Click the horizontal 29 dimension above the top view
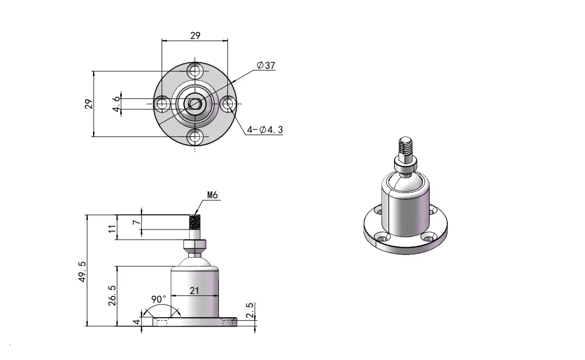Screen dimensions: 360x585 (195, 35)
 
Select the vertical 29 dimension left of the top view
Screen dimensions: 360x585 (88, 103)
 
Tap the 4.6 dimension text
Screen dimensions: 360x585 (115, 103)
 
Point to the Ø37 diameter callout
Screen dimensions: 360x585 (266, 65)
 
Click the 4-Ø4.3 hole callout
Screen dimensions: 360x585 (264, 130)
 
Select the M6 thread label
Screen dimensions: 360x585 (212, 195)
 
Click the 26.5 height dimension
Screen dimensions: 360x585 (112, 295)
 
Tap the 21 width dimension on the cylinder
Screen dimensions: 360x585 (195, 291)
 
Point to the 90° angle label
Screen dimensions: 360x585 (159, 299)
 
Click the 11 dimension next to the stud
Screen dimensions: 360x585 (112, 228)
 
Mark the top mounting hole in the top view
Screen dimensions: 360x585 (195, 71)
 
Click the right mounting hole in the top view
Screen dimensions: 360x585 (228, 103)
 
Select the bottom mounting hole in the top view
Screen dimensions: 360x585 (195, 136)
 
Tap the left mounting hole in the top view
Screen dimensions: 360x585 (162, 103)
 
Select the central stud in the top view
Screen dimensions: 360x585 (194, 103)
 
